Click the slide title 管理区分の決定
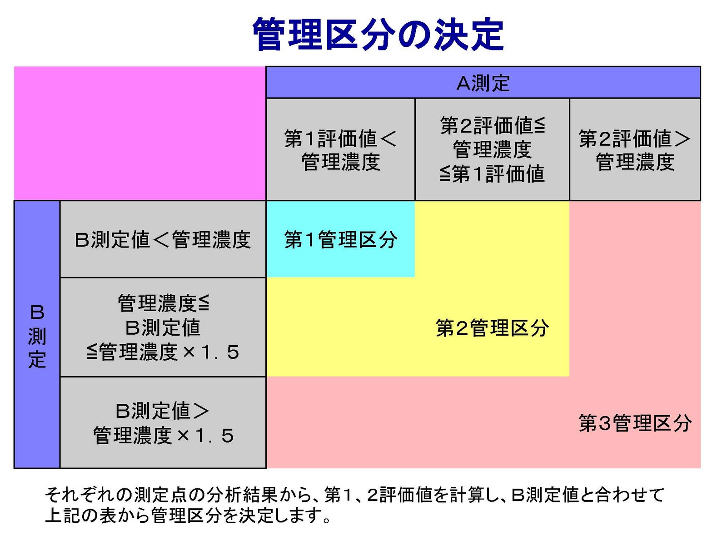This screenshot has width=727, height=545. pyautogui.click(x=378, y=34)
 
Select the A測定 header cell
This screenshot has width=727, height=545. pyautogui.click(x=483, y=83)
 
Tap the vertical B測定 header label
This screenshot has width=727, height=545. pyautogui.click(x=37, y=336)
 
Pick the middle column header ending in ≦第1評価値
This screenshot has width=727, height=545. pyautogui.click(x=492, y=149)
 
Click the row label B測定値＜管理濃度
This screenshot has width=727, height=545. pyautogui.click(x=163, y=240)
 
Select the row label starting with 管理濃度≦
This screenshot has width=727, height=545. pyautogui.click(x=163, y=327)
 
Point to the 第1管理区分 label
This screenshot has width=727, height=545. pyautogui.click(x=340, y=240)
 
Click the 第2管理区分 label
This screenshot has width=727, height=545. pyautogui.click(x=492, y=328)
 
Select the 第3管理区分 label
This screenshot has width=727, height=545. pyautogui.click(x=635, y=423)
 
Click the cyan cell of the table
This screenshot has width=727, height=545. pyautogui.click(x=340, y=239)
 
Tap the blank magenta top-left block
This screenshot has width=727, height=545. pyautogui.click(x=140, y=133)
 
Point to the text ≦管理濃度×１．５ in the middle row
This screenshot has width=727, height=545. pyautogui.click(x=163, y=352)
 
